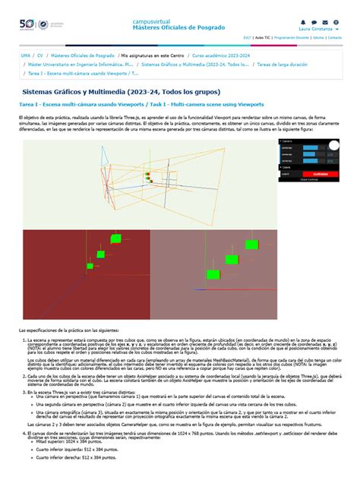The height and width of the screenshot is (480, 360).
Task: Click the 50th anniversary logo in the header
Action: pyautogui.click(x=28, y=26)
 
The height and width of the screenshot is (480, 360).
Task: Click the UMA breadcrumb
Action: pyautogui.click(x=26, y=56)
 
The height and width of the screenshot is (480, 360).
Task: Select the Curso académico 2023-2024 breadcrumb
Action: pyautogui.click(x=219, y=56)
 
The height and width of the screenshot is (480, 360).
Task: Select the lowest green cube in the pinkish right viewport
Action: pyautogui.click(x=214, y=273)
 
